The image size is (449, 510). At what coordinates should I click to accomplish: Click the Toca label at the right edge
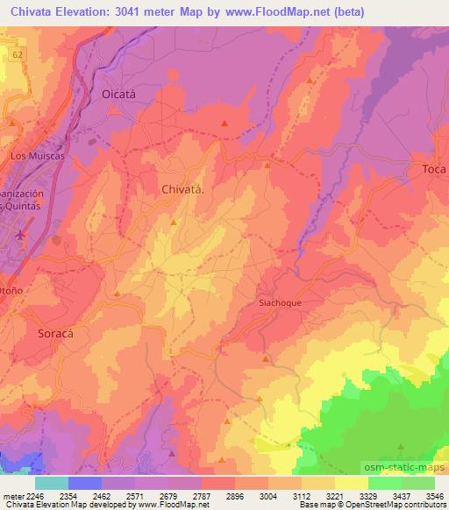pyautogui.click(x=433, y=168)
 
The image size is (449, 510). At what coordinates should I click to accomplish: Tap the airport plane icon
pyautogui.click(x=21, y=235)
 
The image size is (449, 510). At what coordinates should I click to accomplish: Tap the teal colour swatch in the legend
pyautogui.click(x=51, y=483)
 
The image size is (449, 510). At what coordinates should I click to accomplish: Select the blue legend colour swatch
pyautogui.click(x=84, y=483)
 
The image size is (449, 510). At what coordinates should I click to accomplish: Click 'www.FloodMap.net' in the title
pyautogui.click(x=269, y=12)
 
